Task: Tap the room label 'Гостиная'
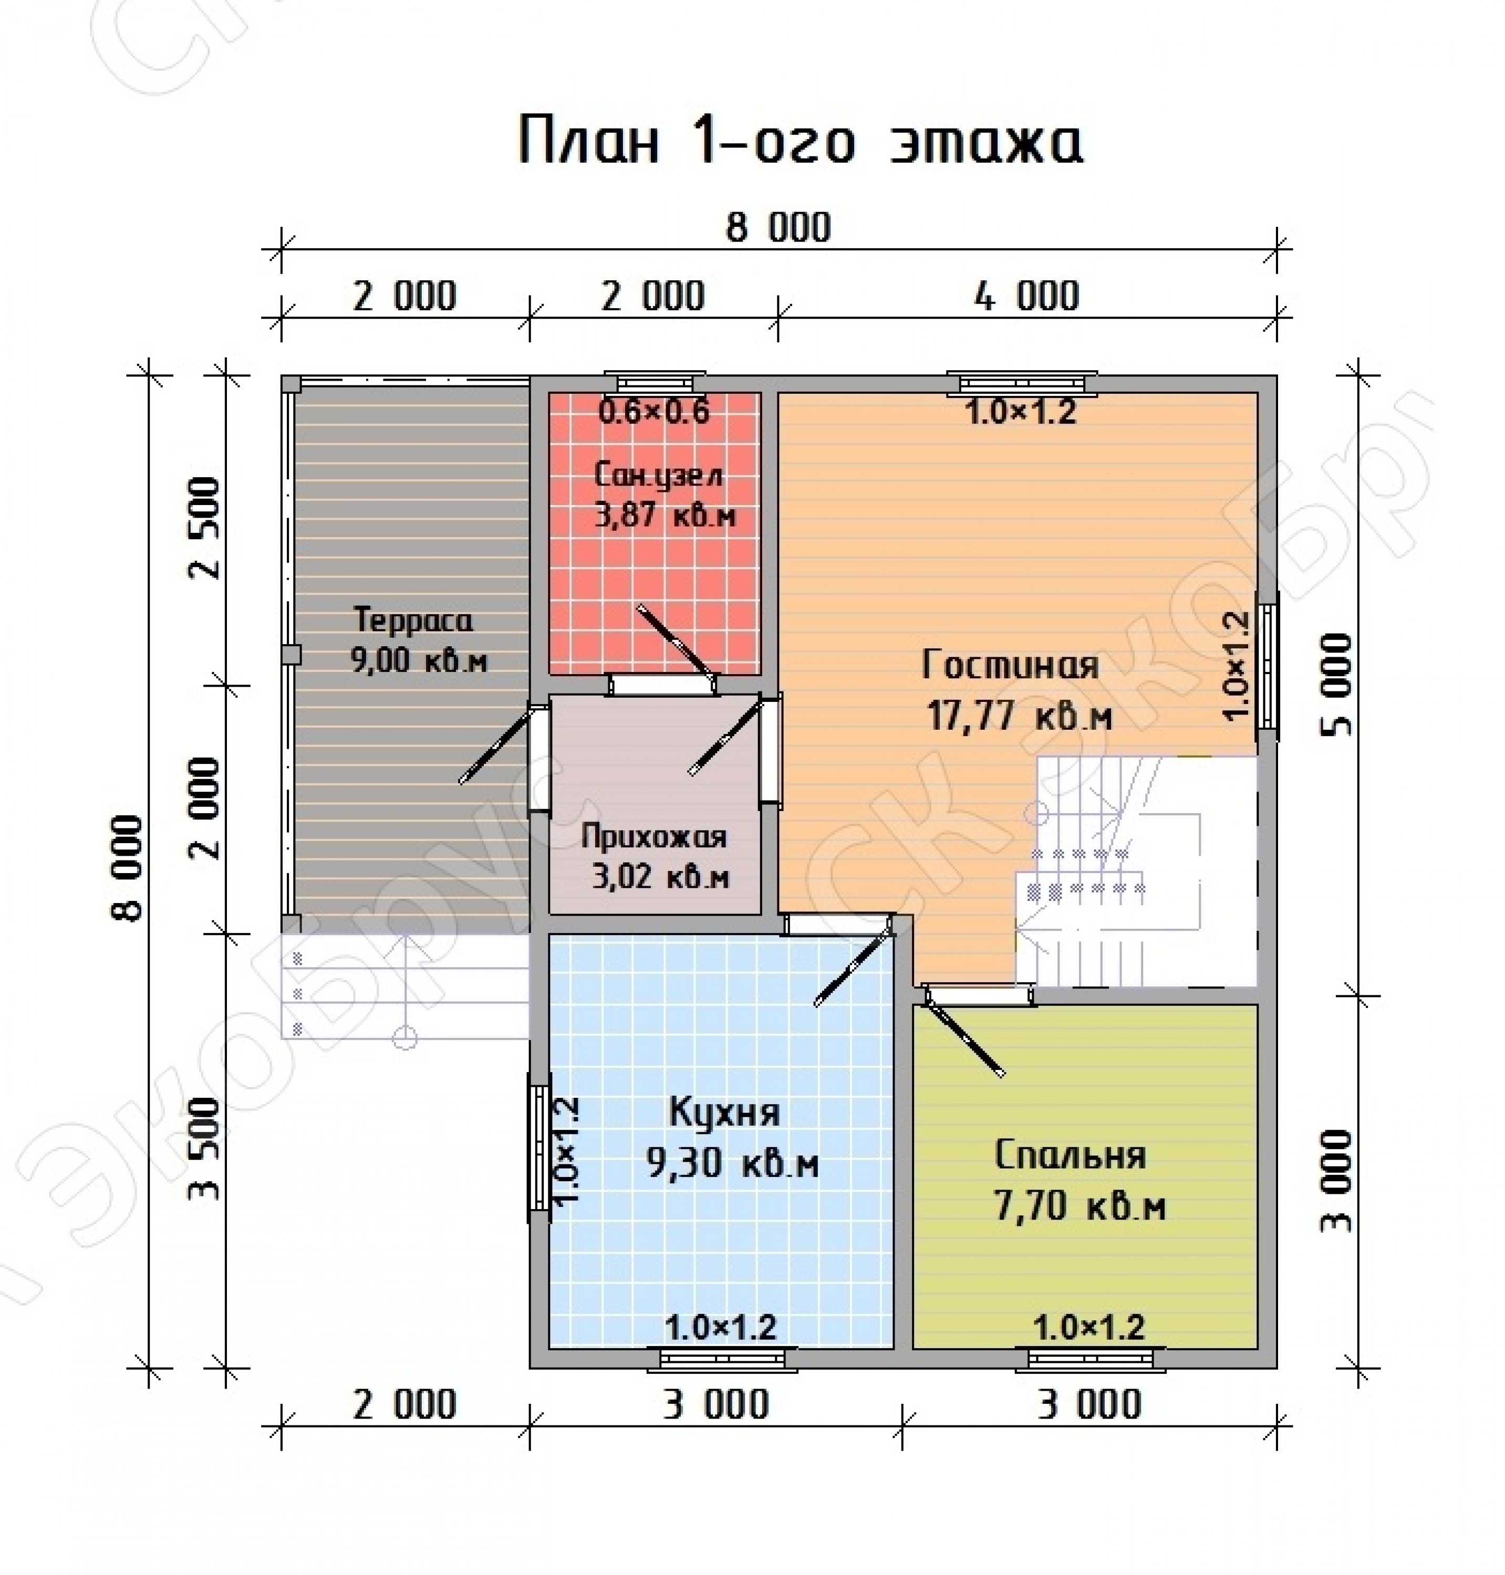(1010, 665)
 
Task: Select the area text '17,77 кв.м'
(1020, 715)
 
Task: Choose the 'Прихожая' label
(654, 837)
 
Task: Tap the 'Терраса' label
(413, 621)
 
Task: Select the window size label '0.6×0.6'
(655, 412)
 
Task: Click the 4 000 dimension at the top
(1027, 297)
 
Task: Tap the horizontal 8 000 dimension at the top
(778, 227)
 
